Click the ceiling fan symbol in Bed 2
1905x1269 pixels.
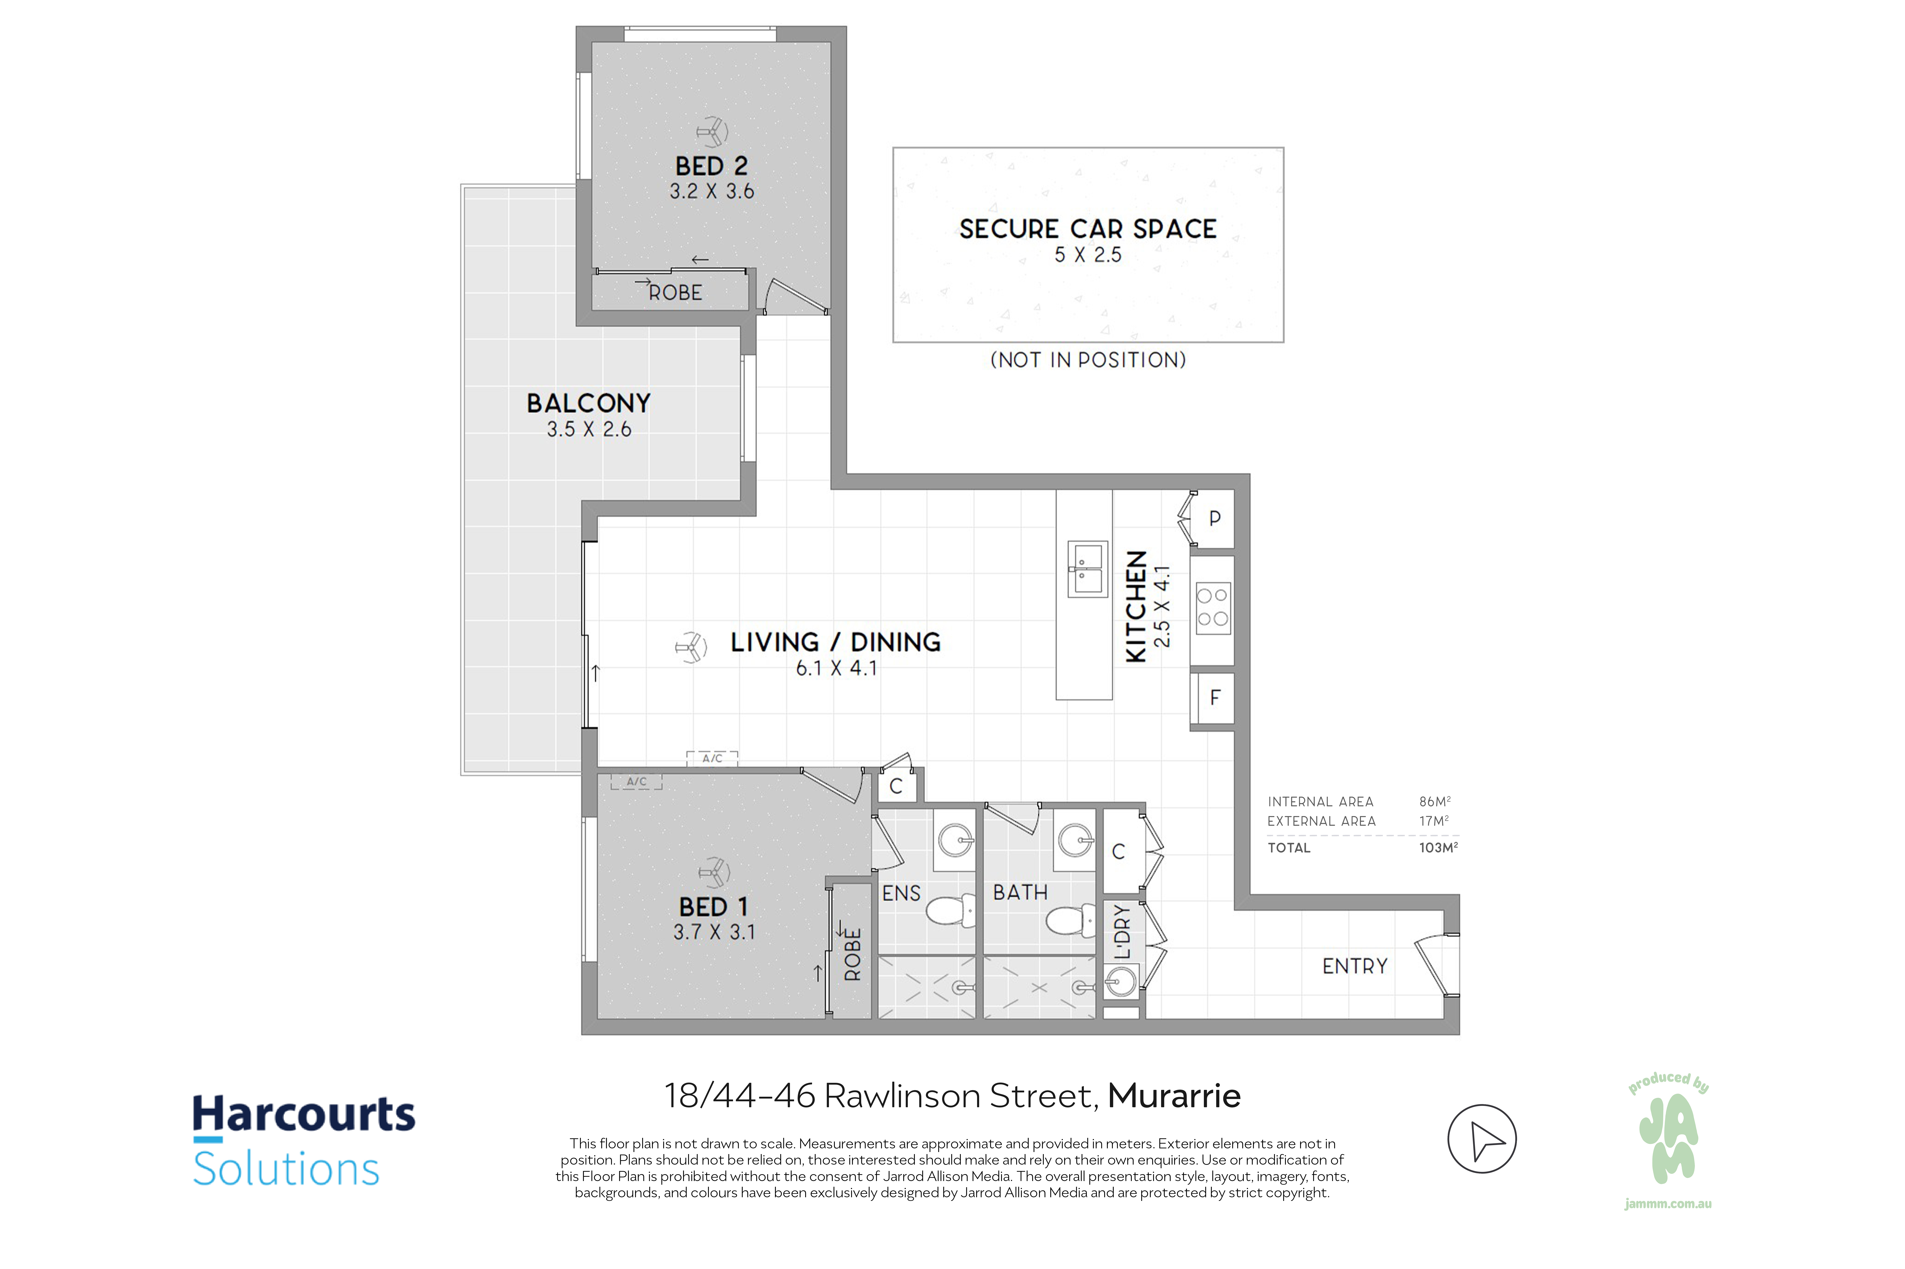tap(712, 131)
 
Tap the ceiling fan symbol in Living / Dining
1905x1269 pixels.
tap(691, 648)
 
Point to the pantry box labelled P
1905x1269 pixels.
tap(1214, 519)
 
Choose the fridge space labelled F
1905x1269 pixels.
tap(1214, 698)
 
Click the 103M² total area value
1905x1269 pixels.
tap(1438, 847)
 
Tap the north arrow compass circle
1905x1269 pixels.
tap(1482, 1139)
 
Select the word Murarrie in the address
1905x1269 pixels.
tap(1174, 1096)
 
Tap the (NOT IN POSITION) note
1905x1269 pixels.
tap(1088, 360)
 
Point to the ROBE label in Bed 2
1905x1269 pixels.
tap(675, 293)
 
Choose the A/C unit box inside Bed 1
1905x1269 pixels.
tap(636, 782)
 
